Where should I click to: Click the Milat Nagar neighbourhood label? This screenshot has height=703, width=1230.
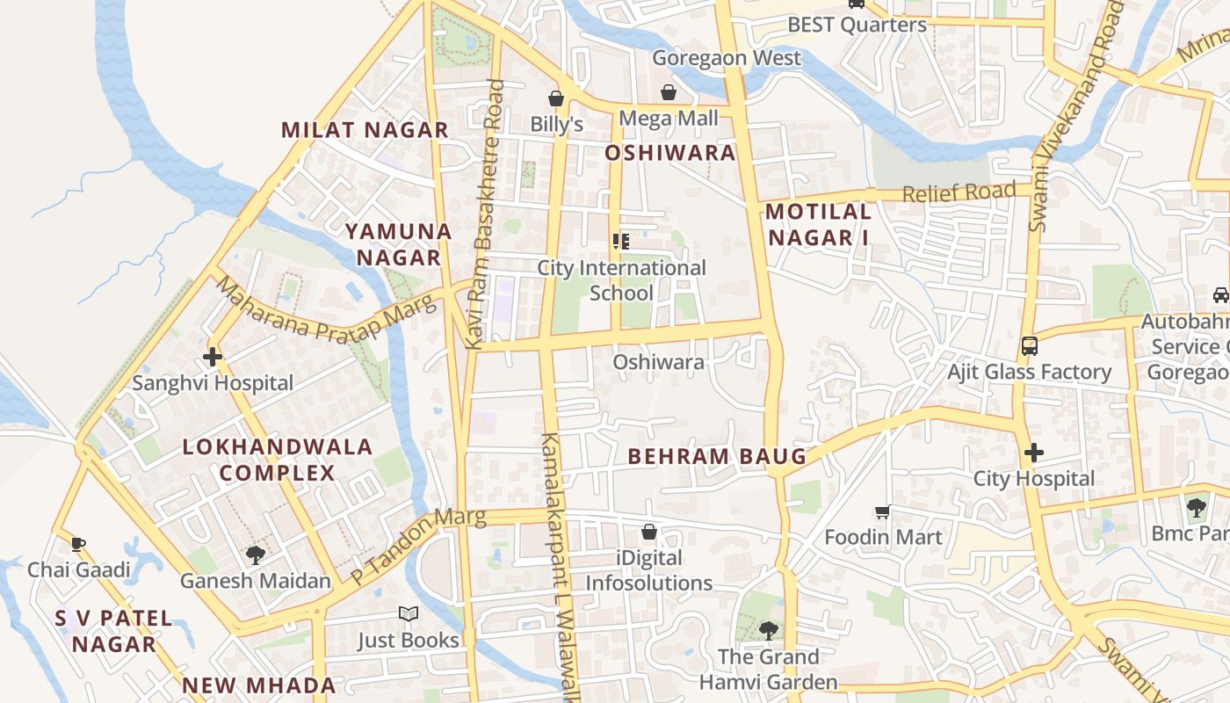[365, 130]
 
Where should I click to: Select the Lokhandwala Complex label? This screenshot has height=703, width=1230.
[278, 460]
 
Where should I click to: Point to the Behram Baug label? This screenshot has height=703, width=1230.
[717, 456]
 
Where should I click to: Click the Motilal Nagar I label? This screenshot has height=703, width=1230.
[818, 224]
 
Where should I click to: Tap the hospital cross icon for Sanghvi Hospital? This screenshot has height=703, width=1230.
[212, 357]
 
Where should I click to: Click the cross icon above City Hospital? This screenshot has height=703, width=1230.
[1034, 453]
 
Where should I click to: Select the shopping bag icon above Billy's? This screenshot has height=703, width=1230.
[556, 98]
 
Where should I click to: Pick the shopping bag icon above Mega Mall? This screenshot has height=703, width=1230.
[669, 91]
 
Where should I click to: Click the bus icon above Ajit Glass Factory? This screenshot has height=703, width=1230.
[1029, 345]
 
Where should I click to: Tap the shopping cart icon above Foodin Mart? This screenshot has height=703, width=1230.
[883, 511]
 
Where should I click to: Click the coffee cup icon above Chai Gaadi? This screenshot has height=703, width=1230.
[78, 544]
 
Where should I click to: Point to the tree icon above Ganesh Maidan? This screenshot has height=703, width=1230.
[256, 554]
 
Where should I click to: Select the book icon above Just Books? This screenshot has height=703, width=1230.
[408, 614]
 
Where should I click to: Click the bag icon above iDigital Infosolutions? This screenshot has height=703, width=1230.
[649, 532]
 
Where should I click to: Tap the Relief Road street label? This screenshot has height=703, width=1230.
[959, 192]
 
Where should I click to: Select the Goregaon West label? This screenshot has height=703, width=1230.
[727, 58]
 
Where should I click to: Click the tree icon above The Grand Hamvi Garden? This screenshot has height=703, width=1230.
[768, 630]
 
